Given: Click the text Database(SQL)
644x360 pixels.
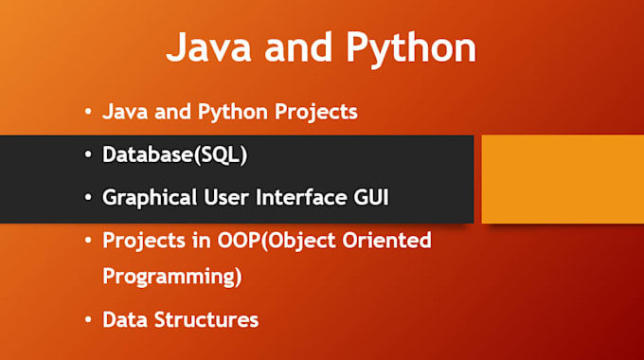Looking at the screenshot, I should pyautogui.click(x=175, y=155).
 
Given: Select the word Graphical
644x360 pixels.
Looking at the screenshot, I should pyautogui.click(x=148, y=199).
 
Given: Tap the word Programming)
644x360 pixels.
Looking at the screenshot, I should pyautogui.click(x=172, y=279).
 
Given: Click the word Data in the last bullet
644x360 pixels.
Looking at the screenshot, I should pyautogui.click(x=124, y=320).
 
